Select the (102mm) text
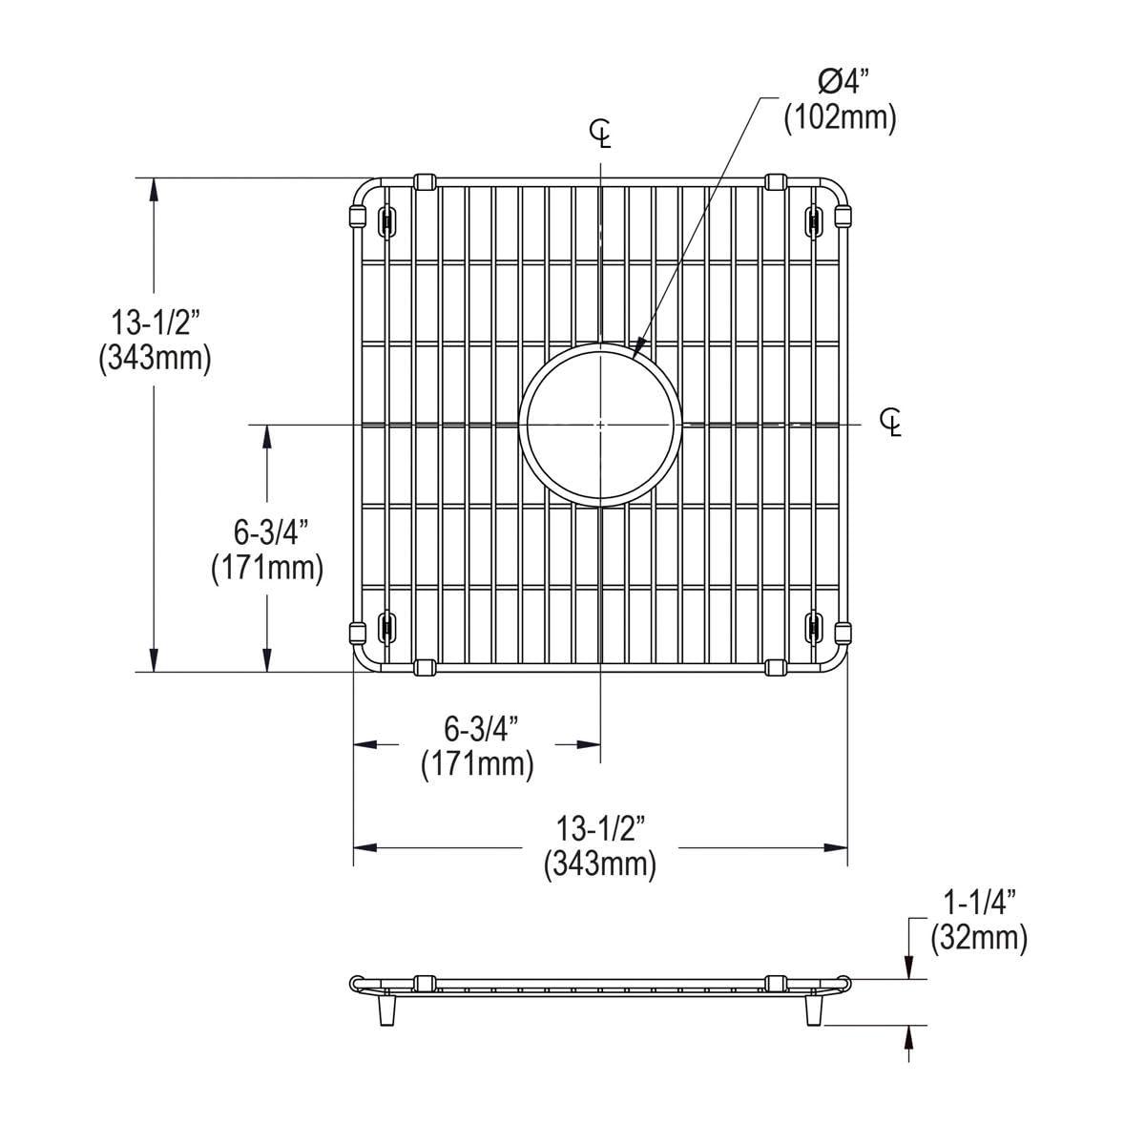(840, 119)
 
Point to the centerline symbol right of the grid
(892, 421)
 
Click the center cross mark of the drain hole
(600, 423)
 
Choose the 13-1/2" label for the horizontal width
(600, 827)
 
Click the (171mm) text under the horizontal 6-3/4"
(477, 764)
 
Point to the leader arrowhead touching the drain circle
(637, 348)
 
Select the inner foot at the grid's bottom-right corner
(813, 626)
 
